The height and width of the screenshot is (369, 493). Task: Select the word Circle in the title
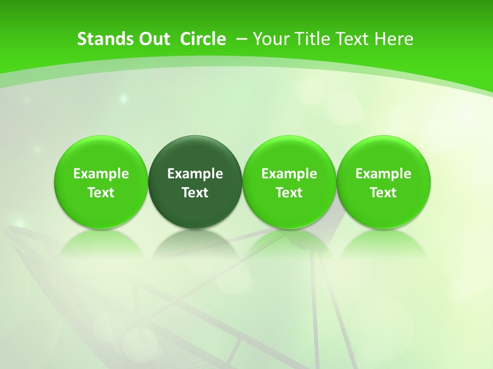(x=203, y=39)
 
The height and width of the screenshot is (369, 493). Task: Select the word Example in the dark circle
(x=195, y=174)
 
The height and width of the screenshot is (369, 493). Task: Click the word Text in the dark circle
(x=195, y=193)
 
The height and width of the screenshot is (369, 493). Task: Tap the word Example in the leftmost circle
(x=101, y=174)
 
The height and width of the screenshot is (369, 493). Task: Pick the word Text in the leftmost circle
(x=101, y=193)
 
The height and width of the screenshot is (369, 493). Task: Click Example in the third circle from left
(x=289, y=174)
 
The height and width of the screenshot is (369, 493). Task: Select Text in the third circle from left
(x=289, y=193)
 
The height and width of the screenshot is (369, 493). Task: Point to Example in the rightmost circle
(x=384, y=174)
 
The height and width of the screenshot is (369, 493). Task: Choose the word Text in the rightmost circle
(x=384, y=193)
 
